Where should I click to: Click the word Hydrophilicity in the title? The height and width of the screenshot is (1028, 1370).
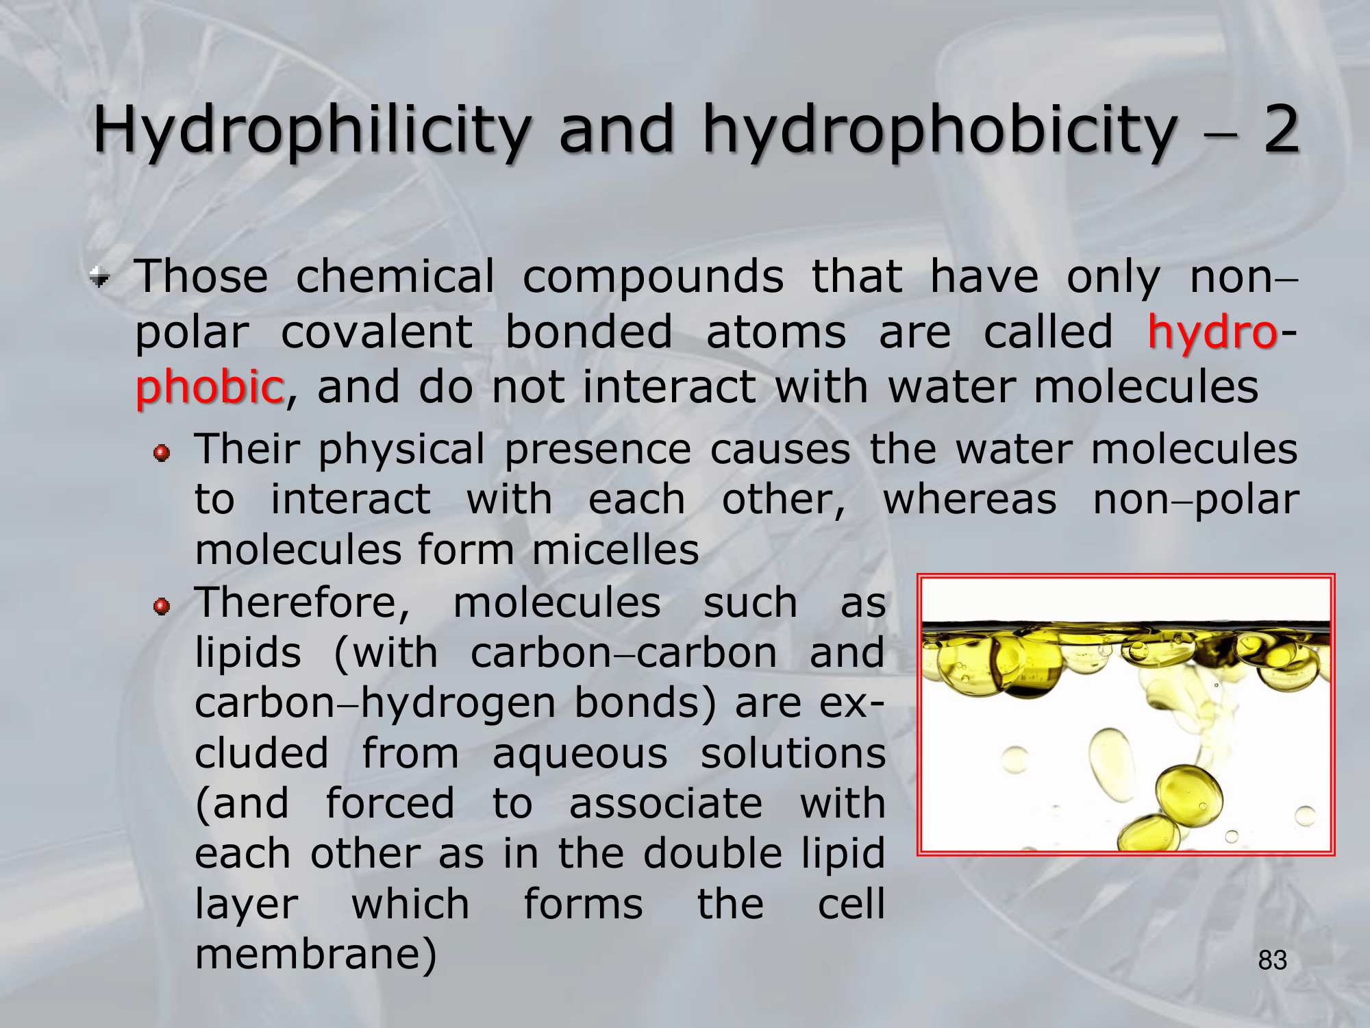tap(312, 131)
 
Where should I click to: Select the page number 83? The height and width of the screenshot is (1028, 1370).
tap(1272, 960)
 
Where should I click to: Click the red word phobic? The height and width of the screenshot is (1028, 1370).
tap(210, 387)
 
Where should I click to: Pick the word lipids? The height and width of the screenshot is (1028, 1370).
tap(248, 653)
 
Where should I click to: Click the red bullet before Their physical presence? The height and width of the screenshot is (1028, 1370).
tap(162, 453)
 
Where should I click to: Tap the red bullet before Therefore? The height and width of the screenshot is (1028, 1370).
tap(162, 606)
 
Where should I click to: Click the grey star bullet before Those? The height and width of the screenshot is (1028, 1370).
tap(100, 277)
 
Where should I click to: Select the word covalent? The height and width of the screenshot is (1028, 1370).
tap(377, 332)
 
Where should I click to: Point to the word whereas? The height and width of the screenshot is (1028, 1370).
tap(970, 500)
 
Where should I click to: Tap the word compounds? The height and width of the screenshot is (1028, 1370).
tap(653, 278)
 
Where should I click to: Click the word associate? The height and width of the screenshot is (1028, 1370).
tap(666, 804)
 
